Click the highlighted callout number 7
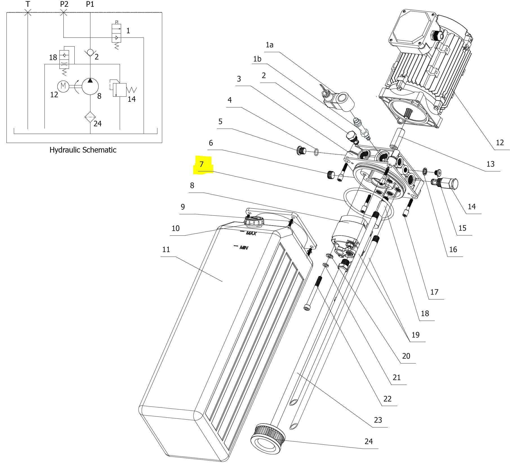click(x=201, y=164)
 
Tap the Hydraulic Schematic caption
click(x=83, y=150)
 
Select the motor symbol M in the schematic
click(x=63, y=86)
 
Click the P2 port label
click(x=64, y=4)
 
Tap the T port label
click(x=28, y=4)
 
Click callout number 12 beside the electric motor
click(x=500, y=142)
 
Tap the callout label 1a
click(x=270, y=45)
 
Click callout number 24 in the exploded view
click(x=368, y=441)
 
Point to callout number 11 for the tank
click(x=166, y=250)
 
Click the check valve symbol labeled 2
click(x=90, y=53)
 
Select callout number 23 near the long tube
click(x=378, y=420)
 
